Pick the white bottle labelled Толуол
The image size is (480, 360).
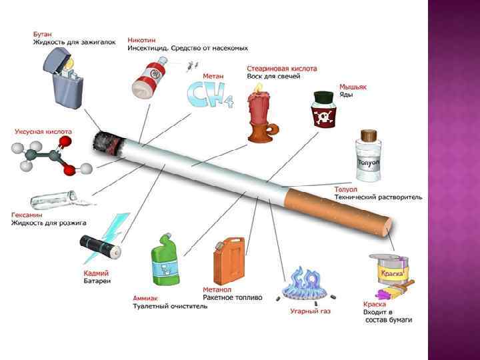(x=369, y=157)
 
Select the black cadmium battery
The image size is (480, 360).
(x=100, y=247)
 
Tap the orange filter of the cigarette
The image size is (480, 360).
(x=340, y=211)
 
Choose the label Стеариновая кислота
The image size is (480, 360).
(x=281, y=68)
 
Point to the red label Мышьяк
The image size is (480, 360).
(x=353, y=87)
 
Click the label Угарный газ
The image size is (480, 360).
(x=310, y=311)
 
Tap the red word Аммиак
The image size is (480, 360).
(x=146, y=298)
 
